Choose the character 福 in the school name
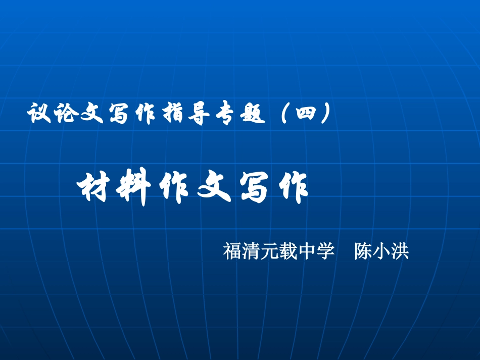pos(232,251)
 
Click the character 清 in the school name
pos(251,251)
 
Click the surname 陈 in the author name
pos(363,251)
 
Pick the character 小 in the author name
pos(381,251)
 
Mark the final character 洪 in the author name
pos(400,251)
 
